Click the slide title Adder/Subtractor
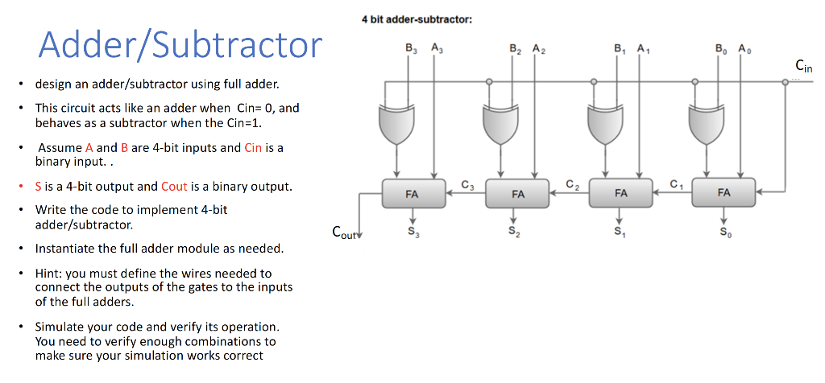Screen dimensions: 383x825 [180, 46]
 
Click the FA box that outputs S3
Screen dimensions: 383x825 [412, 194]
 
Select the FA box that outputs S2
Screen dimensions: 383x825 [517, 194]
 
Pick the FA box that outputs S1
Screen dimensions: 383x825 [620, 193]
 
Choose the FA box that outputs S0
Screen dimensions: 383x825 [723, 193]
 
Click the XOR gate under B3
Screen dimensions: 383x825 [396, 123]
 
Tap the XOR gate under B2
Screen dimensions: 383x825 [500, 123]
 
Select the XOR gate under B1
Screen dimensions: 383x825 [604, 123]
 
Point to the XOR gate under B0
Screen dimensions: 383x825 [707, 123]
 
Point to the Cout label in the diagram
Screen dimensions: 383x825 [344, 233]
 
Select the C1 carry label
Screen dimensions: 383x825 [675, 186]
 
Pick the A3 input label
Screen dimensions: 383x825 [436, 47]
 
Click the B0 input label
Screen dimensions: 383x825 [722, 47]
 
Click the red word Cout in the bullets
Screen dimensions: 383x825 [174, 187]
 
